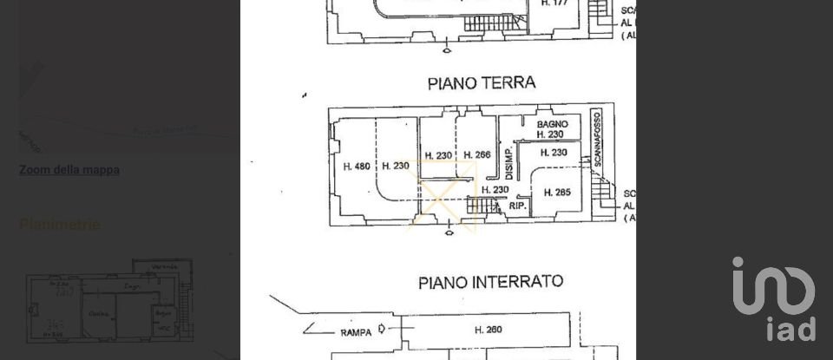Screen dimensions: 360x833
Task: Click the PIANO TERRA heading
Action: pyautogui.click(x=482, y=83)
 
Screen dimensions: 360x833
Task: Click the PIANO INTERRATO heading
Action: pyautogui.click(x=490, y=282)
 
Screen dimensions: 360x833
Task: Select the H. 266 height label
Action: pyautogui.click(x=476, y=155)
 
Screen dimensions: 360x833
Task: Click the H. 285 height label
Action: pyautogui.click(x=556, y=192)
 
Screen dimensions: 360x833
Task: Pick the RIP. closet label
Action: pyautogui.click(x=518, y=206)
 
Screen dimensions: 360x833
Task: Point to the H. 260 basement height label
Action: pyautogui.click(x=489, y=330)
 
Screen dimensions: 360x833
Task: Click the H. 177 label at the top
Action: pyautogui.click(x=554, y=3)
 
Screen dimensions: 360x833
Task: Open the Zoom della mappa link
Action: pyautogui.click(x=69, y=170)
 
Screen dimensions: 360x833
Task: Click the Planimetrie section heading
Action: pyautogui.click(x=60, y=225)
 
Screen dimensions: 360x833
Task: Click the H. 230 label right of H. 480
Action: pyautogui.click(x=395, y=167)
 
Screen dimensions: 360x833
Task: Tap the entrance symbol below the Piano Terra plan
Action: pyautogui.click(x=448, y=232)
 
